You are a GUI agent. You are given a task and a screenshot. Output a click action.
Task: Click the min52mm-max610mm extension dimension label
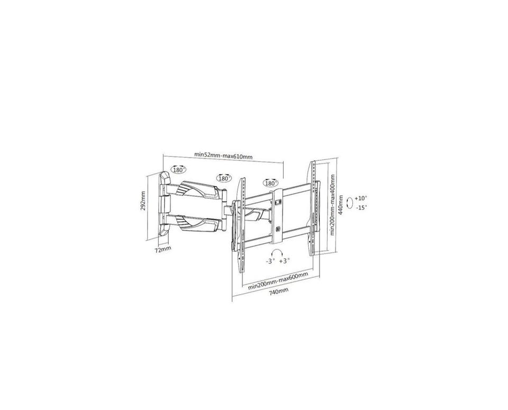point(223,156)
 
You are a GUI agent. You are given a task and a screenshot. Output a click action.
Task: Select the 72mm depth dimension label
point(162,250)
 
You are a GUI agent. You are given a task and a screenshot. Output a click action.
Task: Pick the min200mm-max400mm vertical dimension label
point(332,205)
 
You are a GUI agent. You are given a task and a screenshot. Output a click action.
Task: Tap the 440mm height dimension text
point(340,206)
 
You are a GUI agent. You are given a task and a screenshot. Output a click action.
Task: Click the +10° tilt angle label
point(360,198)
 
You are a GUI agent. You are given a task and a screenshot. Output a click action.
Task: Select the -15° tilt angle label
point(361,207)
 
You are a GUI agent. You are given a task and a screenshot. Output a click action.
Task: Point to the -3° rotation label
point(270,261)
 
